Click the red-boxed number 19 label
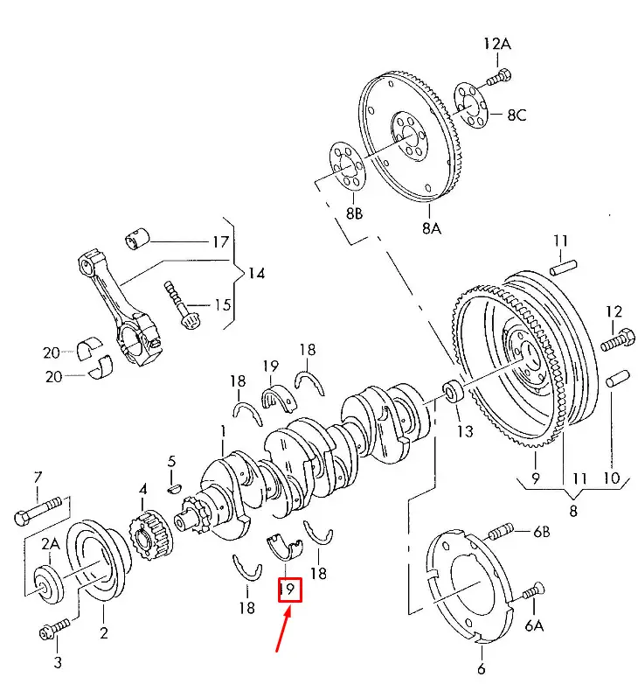[x=288, y=590]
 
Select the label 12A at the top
[x=497, y=43]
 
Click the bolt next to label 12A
[x=497, y=78]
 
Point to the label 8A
[x=433, y=228]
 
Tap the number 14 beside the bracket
[x=255, y=274]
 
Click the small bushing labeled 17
[x=139, y=236]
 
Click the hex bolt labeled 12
[x=617, y=339]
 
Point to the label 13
[x=465, y=431]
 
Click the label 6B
[x=543, y=531]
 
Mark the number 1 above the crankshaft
[x=223, y=430]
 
